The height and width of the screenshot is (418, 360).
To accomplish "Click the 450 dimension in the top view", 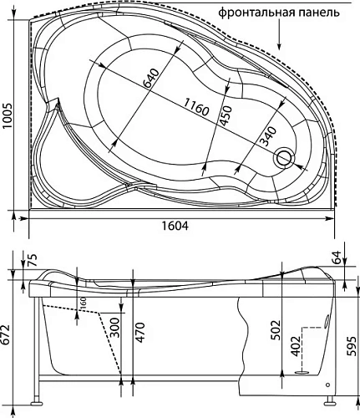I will click(223, 114).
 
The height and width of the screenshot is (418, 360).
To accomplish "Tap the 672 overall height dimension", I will click(8, 334).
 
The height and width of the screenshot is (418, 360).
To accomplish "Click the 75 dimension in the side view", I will click(32, 259).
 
